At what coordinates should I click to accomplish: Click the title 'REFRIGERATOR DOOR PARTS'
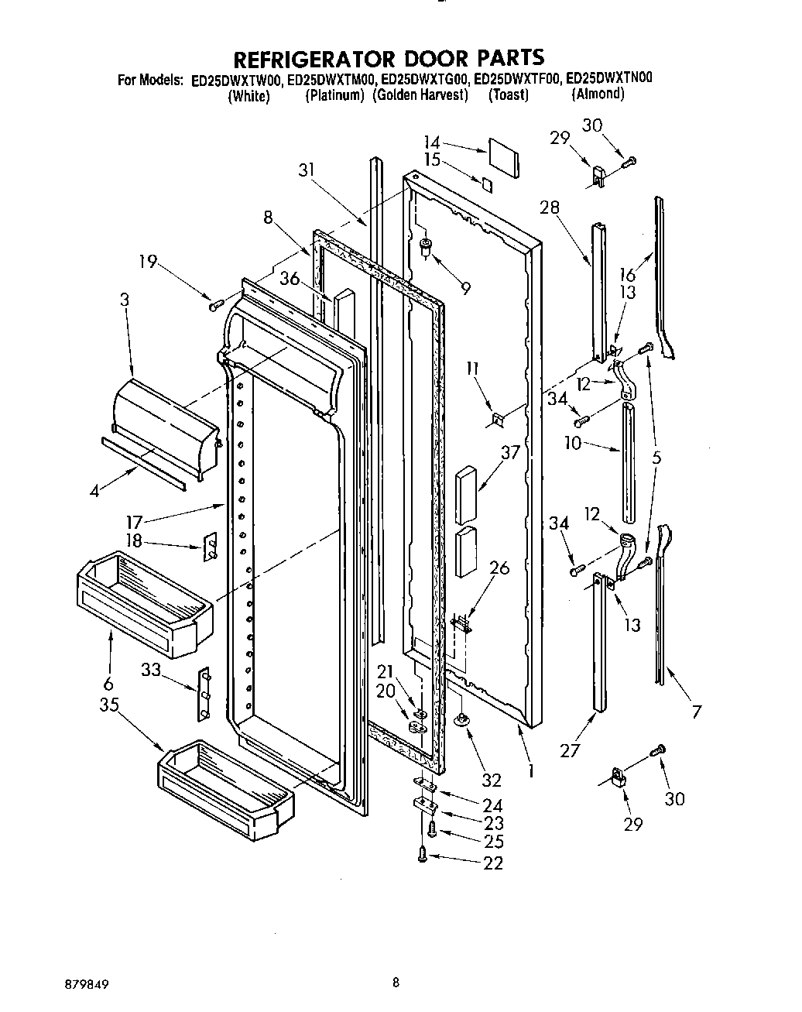point(389,58)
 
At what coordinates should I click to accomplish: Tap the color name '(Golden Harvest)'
point(420,95)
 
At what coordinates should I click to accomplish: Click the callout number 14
point(432,142)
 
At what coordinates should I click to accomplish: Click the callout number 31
point(307,170)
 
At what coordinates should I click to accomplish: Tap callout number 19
point(148,262)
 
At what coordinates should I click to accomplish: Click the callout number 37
point(509,452)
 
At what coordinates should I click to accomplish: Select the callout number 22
point(493,863)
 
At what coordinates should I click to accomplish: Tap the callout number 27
point(570,750)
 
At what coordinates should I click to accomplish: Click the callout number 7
point(697,712)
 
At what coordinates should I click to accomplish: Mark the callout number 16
point(627,274)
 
